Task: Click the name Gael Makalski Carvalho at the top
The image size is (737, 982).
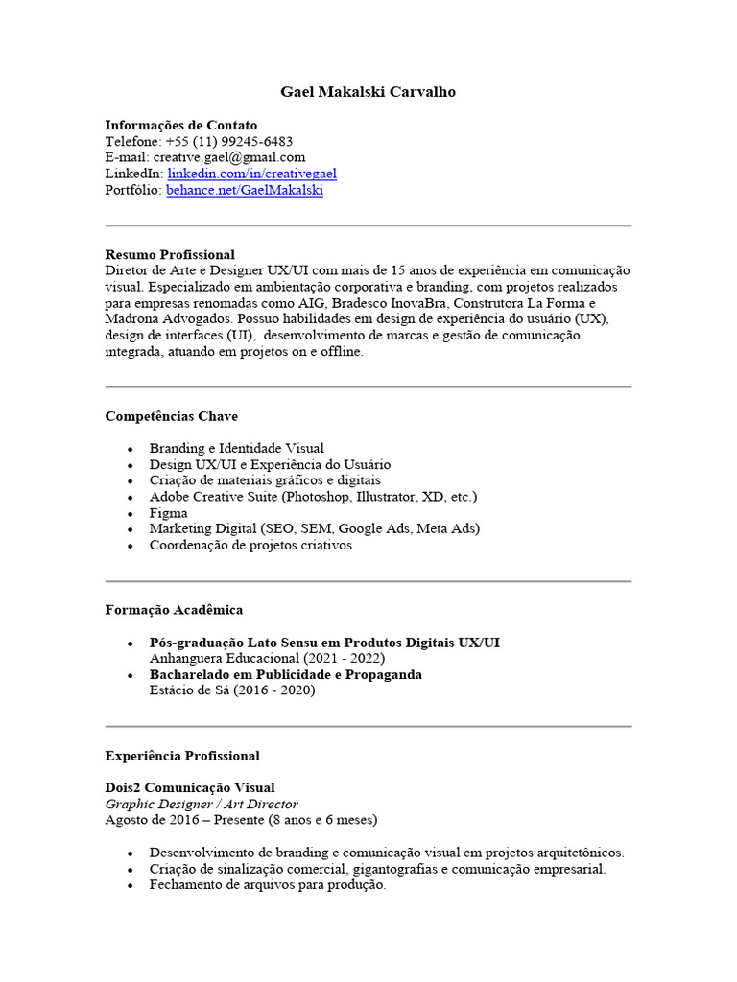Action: (x=368, y=92)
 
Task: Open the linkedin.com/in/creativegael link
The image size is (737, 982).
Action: (x=251, y=174)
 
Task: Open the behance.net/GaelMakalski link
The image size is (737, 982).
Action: (x=245, y=190)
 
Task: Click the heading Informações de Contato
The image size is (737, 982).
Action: (x=180, y=125)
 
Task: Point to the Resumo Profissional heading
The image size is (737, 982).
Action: (x=169, y=254)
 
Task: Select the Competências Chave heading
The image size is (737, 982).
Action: (x=171, y=416)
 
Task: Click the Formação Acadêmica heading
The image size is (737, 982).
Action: (x=174, y=610)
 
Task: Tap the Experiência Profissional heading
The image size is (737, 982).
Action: (x=182, y=756)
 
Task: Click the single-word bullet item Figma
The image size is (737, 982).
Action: (x=168, y=513)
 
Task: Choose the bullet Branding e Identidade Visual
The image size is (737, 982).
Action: (x=236, y=448)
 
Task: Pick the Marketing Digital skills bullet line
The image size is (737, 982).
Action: (x=314, y=528)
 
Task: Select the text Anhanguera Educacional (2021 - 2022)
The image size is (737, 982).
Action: (x=267, y=659)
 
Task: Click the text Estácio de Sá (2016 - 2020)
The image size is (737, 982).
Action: (x=231, y=690)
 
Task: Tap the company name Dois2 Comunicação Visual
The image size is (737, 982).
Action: (x=189, y=788)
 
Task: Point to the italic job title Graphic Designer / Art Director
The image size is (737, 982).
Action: (x=202, y=805)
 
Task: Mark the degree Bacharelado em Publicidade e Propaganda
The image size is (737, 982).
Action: (x=285, y=674)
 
